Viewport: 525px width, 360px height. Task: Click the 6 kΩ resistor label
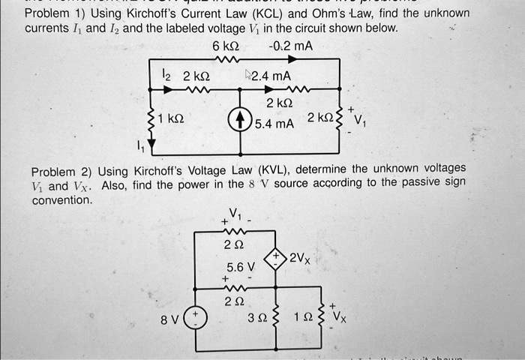(226, 46)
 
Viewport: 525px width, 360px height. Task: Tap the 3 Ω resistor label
(258, 317)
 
